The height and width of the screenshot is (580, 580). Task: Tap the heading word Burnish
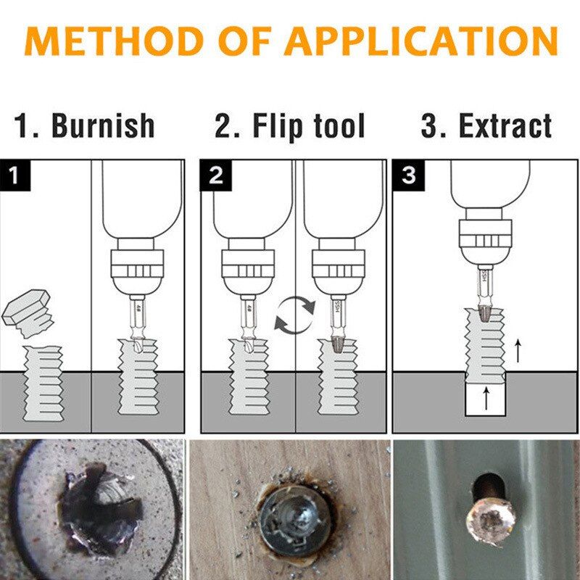(104, 125)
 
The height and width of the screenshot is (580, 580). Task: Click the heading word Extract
(505, 125)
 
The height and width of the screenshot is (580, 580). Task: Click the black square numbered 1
(15, 176)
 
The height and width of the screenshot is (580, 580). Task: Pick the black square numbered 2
(215, 176)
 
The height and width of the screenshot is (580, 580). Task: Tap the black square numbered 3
(409, 176)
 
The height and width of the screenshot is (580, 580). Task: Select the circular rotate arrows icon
(295, 316)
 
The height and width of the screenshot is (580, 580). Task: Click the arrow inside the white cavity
(485, 399)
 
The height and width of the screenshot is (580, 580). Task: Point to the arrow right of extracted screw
(518, 352)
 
